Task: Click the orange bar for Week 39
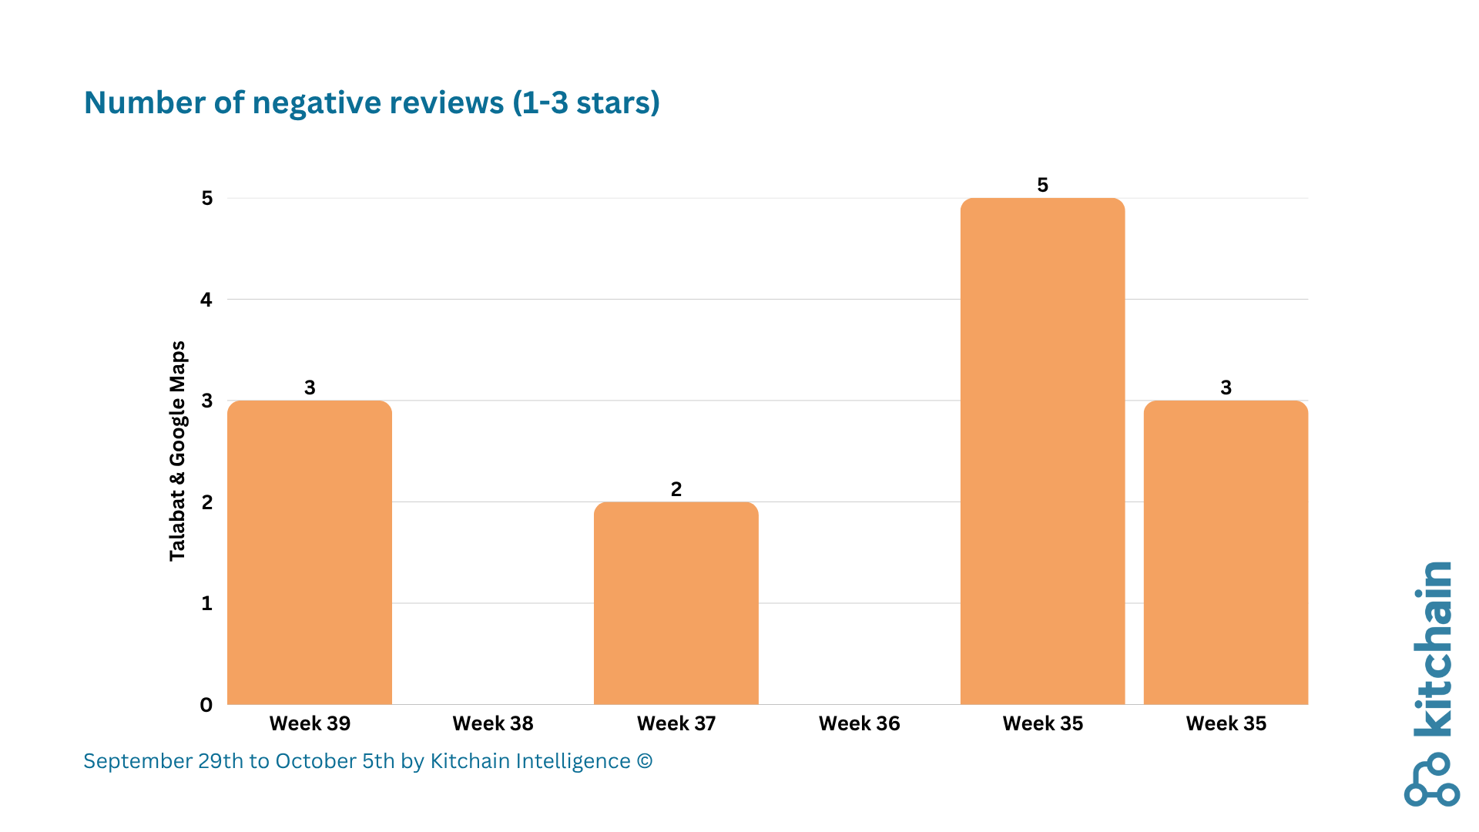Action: point(310,552)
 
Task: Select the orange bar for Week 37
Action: point(676,603)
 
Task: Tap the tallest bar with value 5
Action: point(1042,451)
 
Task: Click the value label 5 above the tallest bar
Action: point(1042,185)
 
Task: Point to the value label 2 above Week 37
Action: point(676,489)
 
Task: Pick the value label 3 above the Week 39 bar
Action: point(310,387)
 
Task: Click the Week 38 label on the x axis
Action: point(493,723)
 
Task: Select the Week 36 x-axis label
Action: point(859,723)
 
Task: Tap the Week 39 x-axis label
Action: point(310,723)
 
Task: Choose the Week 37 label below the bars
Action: point(676,723)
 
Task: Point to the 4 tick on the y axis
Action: point(206,300)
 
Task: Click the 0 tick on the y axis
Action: point(206,705)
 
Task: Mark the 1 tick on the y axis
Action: point(206,603)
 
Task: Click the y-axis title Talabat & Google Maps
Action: point(177,451)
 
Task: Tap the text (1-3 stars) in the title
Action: point(586,103)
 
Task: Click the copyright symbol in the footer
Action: point(645,761)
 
